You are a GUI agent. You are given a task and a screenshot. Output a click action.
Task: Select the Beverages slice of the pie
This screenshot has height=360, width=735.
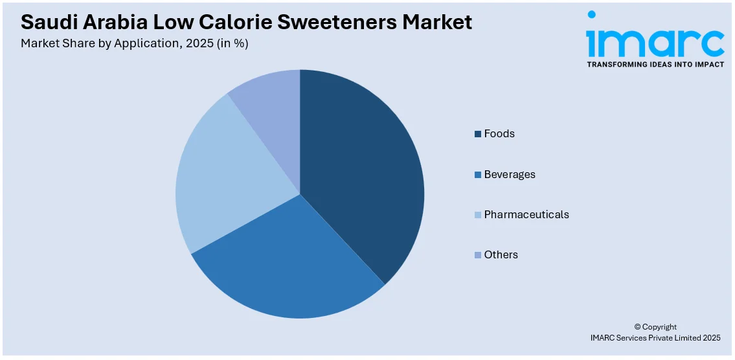[291, 265]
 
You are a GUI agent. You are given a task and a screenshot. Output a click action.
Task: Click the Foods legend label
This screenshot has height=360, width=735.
[499, 134]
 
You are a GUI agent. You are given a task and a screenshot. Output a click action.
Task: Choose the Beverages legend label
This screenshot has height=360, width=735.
[510, 175]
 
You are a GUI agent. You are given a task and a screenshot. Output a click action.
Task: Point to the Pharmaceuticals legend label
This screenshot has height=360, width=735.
[526, 214]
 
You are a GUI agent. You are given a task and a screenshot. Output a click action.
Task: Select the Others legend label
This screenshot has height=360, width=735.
[501, 255]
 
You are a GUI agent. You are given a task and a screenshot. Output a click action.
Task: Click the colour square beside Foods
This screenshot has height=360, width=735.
[478, 134]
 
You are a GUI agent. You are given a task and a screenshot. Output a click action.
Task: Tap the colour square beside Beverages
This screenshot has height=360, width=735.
[478, 175]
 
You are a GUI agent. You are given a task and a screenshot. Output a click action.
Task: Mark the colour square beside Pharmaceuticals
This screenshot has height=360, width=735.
[478, 215]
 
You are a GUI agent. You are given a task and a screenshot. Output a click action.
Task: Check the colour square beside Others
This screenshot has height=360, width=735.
[478, 255]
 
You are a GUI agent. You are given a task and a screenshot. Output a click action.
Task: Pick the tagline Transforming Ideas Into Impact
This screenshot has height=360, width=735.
[655, 65]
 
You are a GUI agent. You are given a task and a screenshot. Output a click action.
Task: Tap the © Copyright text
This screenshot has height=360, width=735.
[655, 327]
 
